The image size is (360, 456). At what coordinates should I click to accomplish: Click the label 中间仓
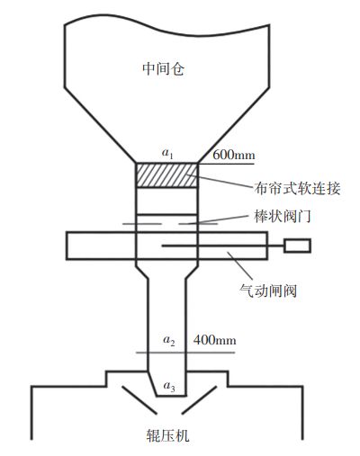163,68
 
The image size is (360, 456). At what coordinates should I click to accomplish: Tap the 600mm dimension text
234,155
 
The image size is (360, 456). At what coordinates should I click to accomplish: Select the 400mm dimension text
214,340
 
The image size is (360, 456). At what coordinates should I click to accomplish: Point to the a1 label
167,154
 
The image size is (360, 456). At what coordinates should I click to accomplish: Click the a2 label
169,341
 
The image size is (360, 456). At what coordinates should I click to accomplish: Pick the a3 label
169,386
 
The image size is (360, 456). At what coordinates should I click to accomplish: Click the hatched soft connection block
167,175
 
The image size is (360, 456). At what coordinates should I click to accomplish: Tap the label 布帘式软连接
297,189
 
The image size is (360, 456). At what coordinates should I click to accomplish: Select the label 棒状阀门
283,216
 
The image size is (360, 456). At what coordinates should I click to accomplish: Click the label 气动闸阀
268,291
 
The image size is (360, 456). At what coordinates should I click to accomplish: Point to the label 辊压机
167,435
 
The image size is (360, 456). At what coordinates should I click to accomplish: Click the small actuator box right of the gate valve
297,246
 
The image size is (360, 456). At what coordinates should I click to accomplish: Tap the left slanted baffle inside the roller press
139,400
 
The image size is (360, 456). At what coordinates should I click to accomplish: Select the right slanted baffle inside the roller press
199,400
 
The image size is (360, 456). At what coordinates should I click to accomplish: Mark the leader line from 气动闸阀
240,266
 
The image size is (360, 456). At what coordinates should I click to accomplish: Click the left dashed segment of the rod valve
142,224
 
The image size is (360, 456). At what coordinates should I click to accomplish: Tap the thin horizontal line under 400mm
185,353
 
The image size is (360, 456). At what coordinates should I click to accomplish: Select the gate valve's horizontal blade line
223,246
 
